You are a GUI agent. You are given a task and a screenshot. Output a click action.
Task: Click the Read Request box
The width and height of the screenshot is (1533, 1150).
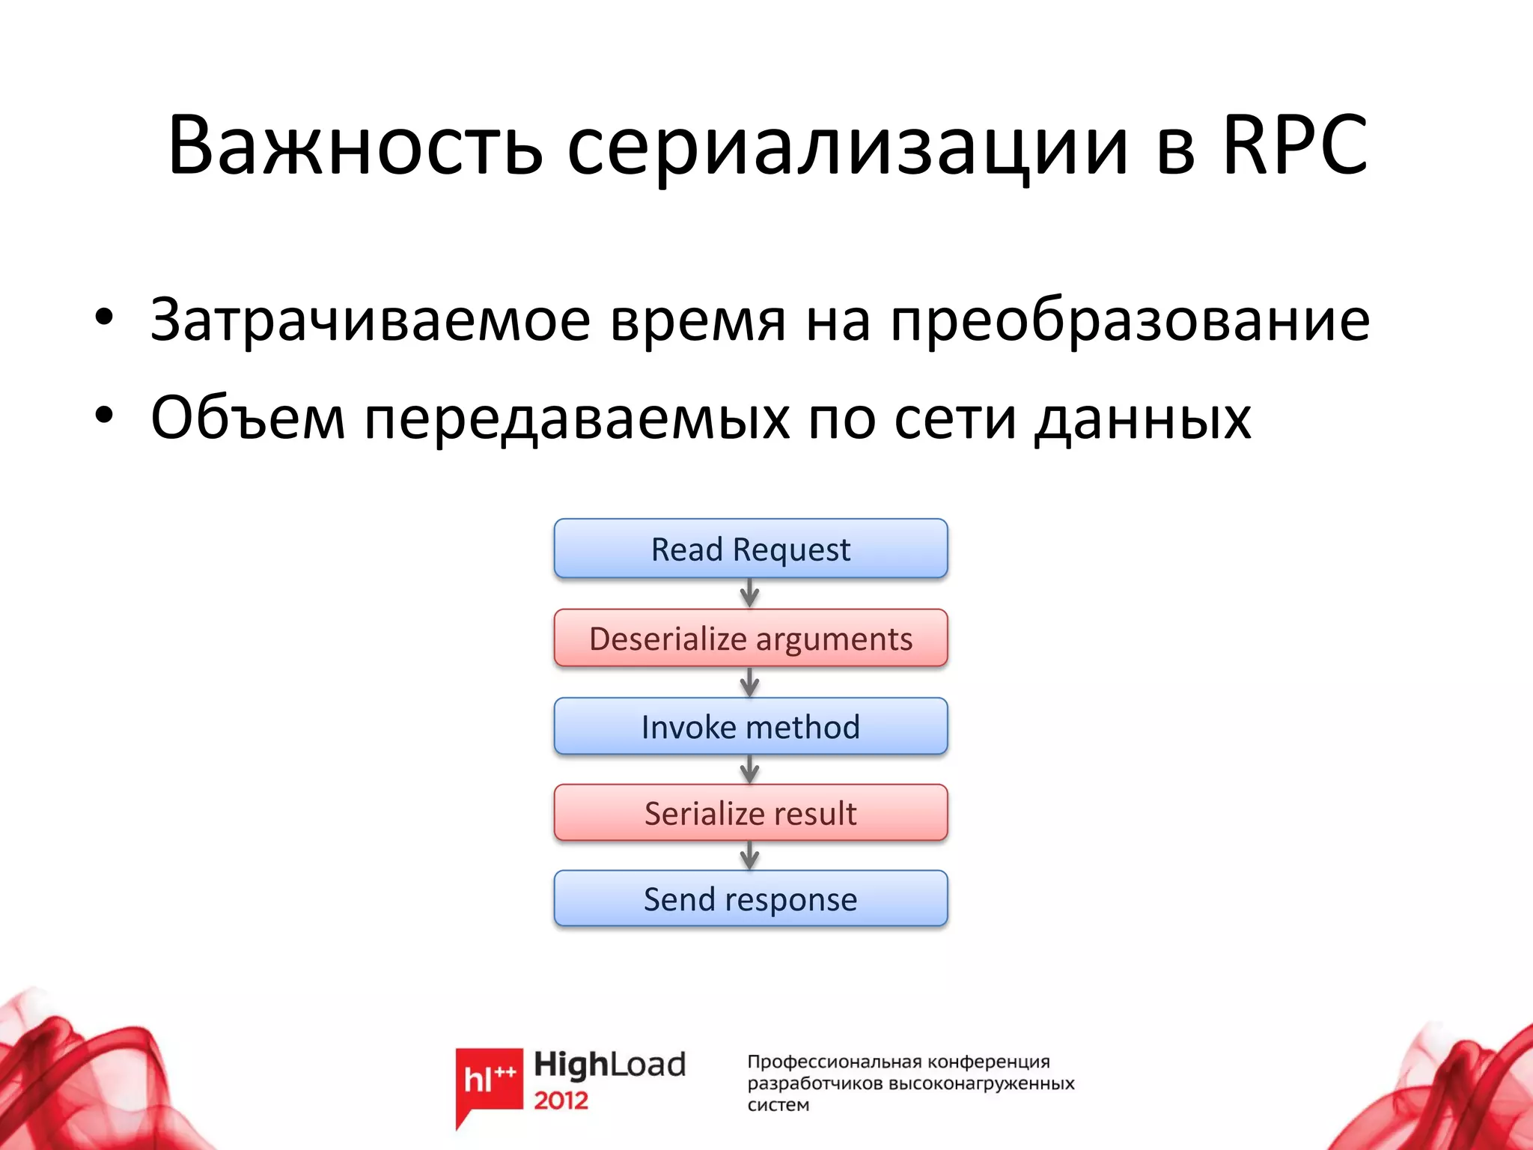tap(750, 549)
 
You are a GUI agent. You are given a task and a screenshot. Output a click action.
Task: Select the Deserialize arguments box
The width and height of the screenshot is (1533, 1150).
tap(750, 639)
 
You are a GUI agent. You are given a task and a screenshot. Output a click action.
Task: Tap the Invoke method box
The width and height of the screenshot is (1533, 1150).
tap(750, 726)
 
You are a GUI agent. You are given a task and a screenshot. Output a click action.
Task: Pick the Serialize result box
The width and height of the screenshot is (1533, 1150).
tap(750, 813)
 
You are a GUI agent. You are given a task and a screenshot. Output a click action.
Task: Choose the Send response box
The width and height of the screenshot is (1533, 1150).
tap(750, 898)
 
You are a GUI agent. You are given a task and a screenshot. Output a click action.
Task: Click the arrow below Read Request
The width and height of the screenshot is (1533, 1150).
tap(750, 594)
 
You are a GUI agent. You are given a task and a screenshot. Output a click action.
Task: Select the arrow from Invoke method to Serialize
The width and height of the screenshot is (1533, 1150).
tap(750, 770)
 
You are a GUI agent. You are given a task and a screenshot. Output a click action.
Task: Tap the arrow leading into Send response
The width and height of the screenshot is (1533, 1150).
tap(750, 856)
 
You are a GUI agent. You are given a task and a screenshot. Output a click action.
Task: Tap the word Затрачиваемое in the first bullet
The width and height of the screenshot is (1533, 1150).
tap(371, 320)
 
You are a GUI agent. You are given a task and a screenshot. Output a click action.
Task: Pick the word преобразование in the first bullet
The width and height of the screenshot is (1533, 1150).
tap(1130, 320)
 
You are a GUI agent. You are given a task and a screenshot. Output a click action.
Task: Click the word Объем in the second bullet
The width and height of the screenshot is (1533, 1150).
tap(248, 417)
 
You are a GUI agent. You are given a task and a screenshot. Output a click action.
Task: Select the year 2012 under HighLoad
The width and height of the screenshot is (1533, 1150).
tap(561, 1101)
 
